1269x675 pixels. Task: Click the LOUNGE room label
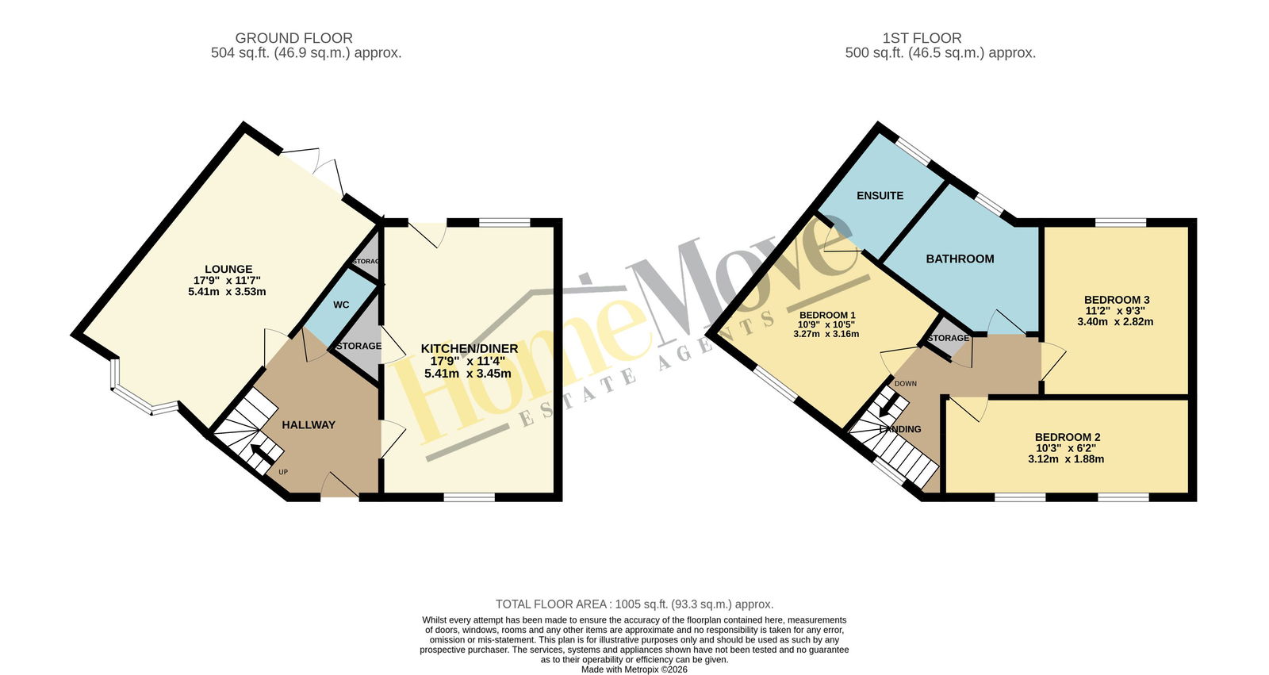(228, 269)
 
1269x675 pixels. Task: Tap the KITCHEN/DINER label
(469, 348)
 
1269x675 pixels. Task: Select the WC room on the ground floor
(341, 305)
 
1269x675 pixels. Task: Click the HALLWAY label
(309, 425)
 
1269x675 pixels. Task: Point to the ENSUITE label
(880, 196)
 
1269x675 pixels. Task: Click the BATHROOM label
(960, 259)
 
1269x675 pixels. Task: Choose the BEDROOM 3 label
(1116, 300)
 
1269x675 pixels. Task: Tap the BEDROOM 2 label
(1068, 438)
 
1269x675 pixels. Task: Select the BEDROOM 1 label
(827, 315)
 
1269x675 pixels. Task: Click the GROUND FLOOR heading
(294, 38)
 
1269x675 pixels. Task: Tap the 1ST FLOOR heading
(922, 38)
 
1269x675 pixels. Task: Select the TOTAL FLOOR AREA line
(634, 604)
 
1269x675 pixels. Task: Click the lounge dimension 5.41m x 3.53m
(227, 292)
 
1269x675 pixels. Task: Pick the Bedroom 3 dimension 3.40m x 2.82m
(1115, 322)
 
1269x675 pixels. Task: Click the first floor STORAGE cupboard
(949, 339)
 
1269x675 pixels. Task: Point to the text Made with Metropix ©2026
(634, 669)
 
